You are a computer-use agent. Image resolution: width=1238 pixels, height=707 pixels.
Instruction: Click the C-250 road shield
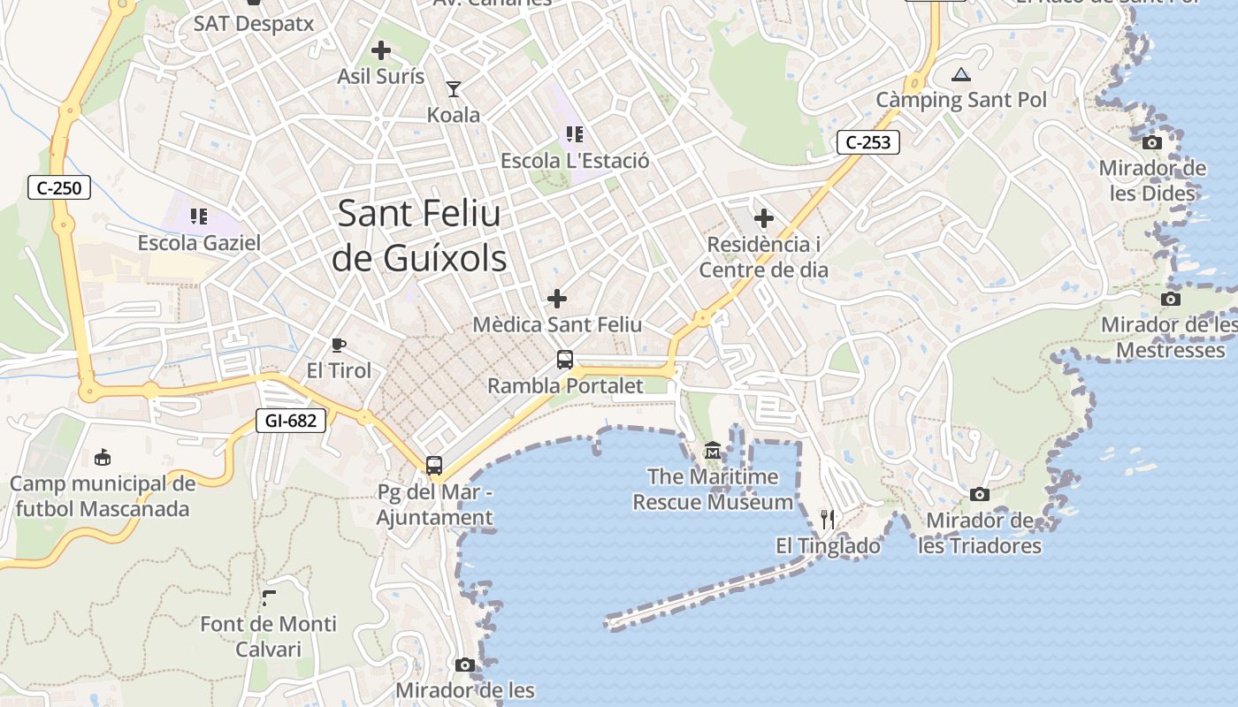[59, 187]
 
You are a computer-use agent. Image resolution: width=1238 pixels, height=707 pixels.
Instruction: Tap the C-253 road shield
[867, 142]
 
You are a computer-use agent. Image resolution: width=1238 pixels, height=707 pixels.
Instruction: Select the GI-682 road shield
[290, 421]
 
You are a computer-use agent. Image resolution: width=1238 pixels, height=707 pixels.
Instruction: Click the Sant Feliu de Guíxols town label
[419, 236]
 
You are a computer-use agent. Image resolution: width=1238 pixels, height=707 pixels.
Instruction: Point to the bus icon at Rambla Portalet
[565, 360]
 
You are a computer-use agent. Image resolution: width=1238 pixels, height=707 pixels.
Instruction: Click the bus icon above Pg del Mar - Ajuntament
[434, 465]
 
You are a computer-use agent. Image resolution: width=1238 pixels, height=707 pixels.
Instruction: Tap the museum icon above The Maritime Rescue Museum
[713, 452]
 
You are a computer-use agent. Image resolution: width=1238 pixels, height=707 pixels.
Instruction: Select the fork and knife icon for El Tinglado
[828, 519]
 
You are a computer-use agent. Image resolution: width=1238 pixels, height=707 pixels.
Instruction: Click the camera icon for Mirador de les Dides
[1151, 142]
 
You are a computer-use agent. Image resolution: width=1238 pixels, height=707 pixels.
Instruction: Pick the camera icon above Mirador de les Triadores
[979, 494]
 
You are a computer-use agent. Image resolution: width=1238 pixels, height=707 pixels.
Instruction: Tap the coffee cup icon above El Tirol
[338, 344]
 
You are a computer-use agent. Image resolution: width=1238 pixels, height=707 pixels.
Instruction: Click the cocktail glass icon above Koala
[454, 88]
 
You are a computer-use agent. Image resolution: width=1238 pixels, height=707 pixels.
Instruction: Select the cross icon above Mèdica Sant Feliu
[557, 299]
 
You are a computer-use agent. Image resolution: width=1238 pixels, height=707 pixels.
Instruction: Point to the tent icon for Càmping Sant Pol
[961, 74]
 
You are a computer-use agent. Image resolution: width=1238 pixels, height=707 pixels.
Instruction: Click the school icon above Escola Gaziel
[199, 216]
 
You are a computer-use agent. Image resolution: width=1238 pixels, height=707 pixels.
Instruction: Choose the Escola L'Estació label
[575, 161]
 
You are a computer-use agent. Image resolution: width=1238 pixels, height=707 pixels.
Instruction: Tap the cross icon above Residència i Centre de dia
[764, 218]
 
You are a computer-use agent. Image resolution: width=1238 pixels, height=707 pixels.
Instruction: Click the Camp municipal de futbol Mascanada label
[103, 497]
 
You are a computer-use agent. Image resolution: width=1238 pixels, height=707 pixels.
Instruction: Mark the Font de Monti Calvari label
[268, 636]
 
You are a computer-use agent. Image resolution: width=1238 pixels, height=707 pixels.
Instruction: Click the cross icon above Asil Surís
[381, 50]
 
